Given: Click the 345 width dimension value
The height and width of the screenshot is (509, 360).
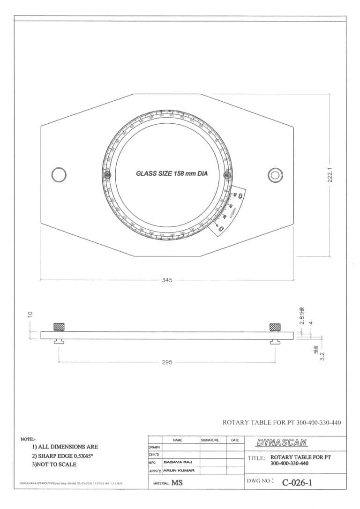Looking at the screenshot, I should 167,280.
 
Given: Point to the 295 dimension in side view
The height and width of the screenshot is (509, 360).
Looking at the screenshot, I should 167,362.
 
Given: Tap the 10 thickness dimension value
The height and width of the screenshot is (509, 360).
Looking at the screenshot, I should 30,314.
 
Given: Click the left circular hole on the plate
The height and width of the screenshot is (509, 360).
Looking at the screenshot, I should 59,175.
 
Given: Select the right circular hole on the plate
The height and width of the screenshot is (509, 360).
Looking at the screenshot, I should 275,175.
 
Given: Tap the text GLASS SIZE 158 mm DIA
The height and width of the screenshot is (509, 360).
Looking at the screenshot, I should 171,173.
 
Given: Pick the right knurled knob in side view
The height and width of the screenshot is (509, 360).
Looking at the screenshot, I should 275,327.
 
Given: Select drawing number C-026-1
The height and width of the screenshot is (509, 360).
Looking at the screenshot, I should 297,482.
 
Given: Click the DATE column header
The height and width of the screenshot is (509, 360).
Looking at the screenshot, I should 235,441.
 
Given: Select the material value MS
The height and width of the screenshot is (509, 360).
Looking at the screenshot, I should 177,482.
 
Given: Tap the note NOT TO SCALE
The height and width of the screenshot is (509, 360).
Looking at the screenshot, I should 54,464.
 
